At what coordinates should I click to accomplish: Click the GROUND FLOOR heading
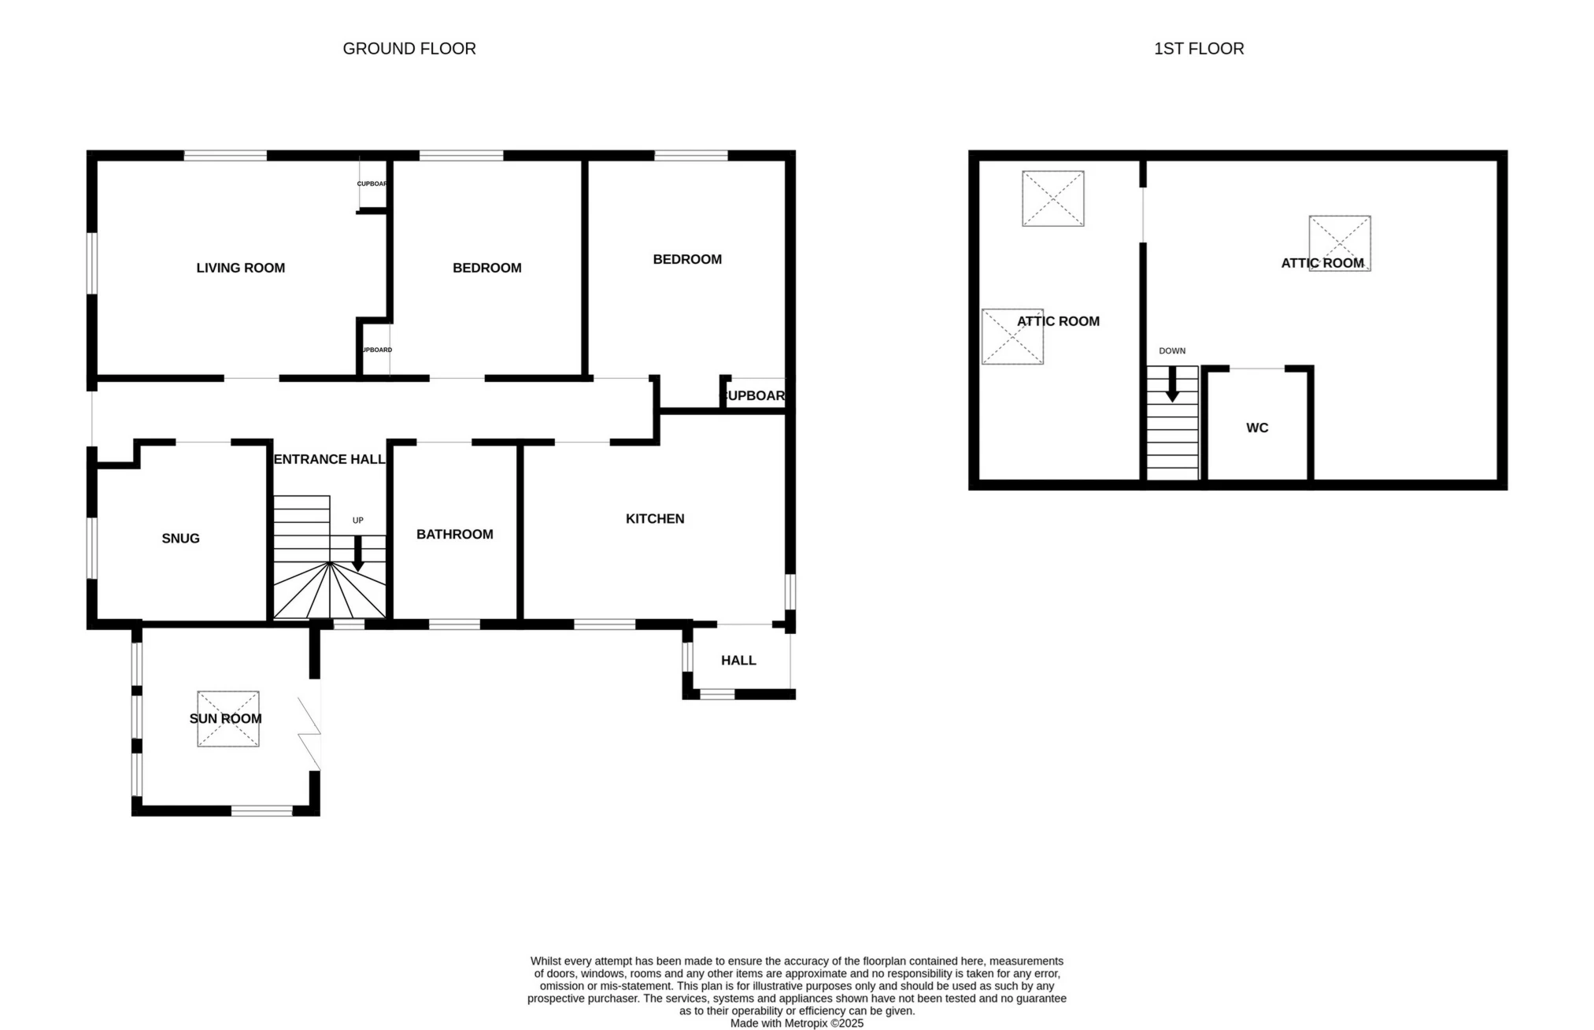tap(409, 49)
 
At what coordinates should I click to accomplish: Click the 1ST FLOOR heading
tap(1198, 49)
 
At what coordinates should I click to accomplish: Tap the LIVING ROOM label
tap(240, 268)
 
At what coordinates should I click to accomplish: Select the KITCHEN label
tap(654, 518)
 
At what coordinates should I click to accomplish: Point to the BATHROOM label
tap(454, 534)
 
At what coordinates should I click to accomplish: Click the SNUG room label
tap(180, 538)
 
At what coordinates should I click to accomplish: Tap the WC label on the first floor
tap(1256, 428)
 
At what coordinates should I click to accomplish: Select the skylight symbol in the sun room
tap(227, 718)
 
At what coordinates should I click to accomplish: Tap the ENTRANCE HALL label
tap(329, 459)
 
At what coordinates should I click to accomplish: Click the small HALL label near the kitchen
tap(738, 660)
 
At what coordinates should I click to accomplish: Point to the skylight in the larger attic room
tap(1339, 243)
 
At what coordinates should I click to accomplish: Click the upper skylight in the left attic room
tap(1052, 198)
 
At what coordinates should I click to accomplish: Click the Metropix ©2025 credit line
tap(796, 1023)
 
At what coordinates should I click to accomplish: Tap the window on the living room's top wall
tap(225, 155)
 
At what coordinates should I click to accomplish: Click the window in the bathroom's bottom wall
tap(454, 624)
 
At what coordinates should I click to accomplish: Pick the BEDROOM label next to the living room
tap(486, 268)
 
